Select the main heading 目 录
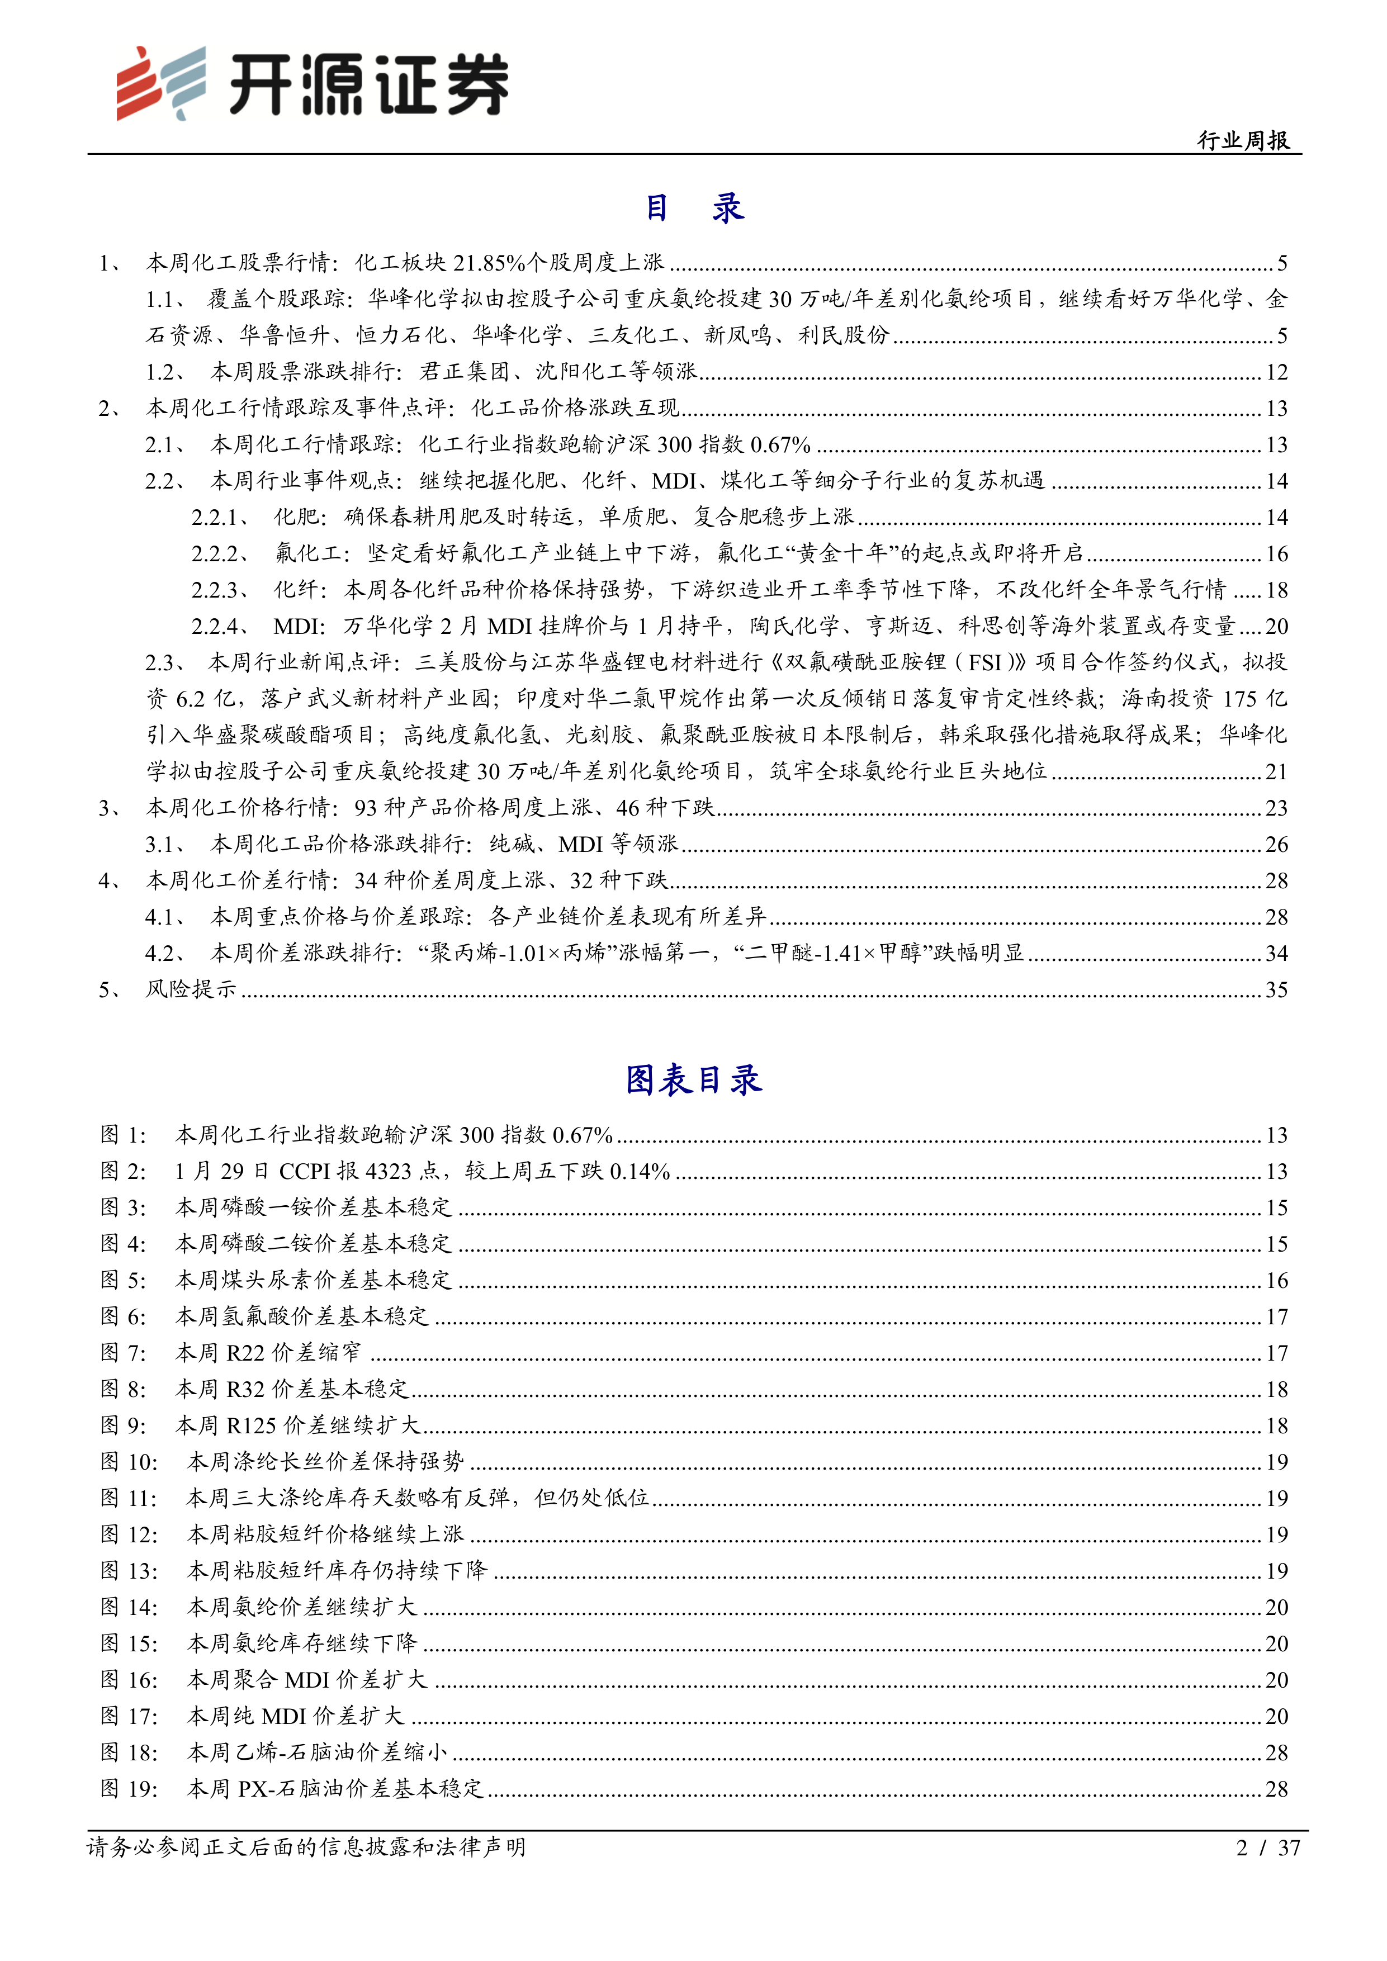point(693,207)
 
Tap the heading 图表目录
point(693,1079)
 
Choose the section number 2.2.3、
point(220,590)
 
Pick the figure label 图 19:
point(129,1788)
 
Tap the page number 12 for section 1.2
point(1276,372)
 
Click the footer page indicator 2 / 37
point(1267,1848)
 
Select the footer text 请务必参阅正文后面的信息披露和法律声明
point(306,1848)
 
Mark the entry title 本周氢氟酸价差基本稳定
point(302,1316)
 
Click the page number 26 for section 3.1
point(1276,845)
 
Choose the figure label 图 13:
point(129,1571)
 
